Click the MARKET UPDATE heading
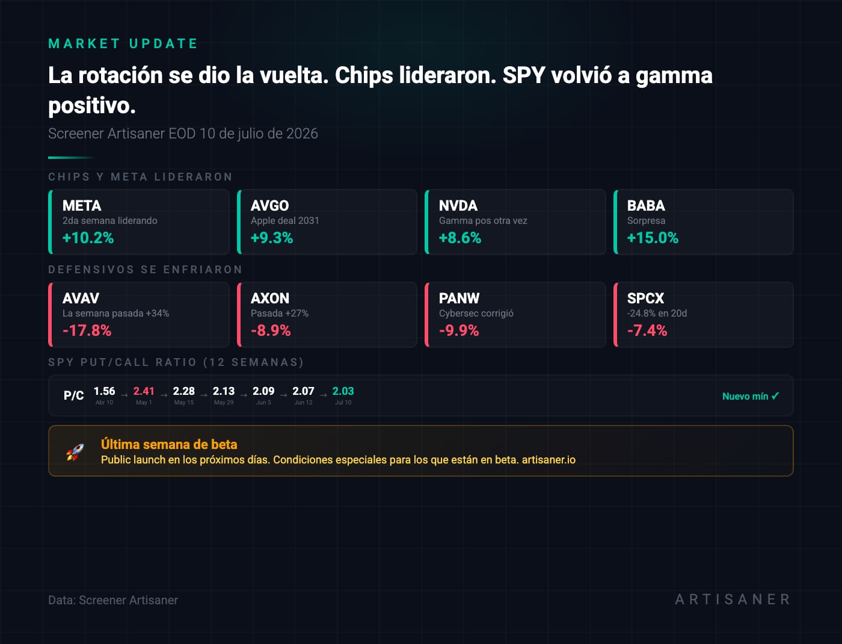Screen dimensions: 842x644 click(123, 43)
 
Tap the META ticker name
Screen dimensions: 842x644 click(82, 206)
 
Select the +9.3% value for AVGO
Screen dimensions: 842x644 click(272, 238)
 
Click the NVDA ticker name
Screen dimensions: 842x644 click(458, 206)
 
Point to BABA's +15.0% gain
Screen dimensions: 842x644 click(653, 238)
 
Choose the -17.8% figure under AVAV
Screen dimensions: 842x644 click(87, 330)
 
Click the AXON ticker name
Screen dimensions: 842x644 click(269, 298)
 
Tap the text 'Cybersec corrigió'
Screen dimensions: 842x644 click(476, 313)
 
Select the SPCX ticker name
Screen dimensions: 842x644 click(645, 298)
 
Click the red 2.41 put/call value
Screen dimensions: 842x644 click(144, 391)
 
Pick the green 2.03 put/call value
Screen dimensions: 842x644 click(343, 391)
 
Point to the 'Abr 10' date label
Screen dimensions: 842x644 click(104, 402)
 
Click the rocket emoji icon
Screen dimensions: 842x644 click(75, 452)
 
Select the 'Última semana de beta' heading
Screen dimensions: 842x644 click(169, 444)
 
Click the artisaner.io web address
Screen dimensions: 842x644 click(549, 460)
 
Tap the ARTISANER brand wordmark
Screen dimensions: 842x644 click(733, 599)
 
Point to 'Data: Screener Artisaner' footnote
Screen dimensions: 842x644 click(113, 600)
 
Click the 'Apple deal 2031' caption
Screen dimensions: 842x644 click(284, 221)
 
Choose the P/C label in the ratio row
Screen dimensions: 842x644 click(73, 395)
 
